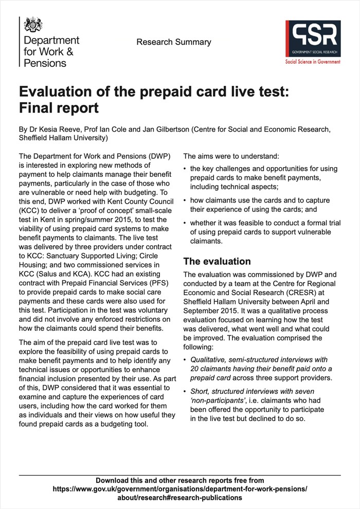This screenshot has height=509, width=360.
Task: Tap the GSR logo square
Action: point(313,39)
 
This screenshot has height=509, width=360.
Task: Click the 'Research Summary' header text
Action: point(174,42)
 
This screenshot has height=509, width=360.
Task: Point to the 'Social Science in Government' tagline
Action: point(313,62)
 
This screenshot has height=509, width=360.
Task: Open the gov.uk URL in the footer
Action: point(180,489)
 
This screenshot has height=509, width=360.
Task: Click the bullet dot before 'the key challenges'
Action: point(185,169)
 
